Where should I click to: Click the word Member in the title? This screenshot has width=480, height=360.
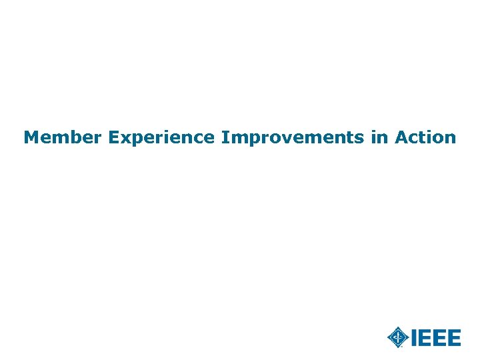tap(63, 138)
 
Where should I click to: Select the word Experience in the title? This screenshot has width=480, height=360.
tap(161, 138)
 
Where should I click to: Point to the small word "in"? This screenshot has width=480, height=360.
tap(378, 138)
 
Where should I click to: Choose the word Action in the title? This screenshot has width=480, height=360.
tap(425, 138)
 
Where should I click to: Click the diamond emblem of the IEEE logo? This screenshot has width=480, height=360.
tap(398, 337)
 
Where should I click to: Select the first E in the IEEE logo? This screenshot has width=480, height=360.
tap(425, 338)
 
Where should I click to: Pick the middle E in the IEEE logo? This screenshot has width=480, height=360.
tap(439, 338)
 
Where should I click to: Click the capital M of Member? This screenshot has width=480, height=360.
tap(31, 138)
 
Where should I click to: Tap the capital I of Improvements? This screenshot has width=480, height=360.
tap(225, 138)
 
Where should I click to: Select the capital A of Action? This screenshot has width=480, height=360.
tap(402, 138)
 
